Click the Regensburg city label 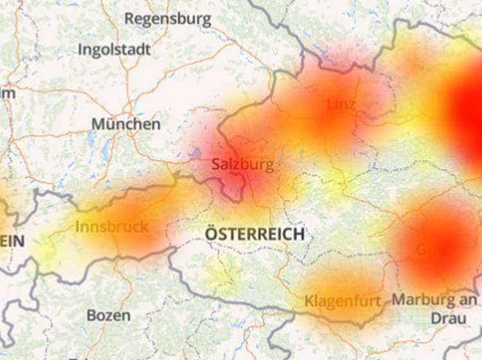click(x=168, y=19)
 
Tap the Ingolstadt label click(x=114, y=50)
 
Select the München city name click(x=126, y=123)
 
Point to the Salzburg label click(x=242, y=165)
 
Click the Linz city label click(x=341, y=104)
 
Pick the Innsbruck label click(x=112, y=226)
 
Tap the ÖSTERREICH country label click(x=254, y=233)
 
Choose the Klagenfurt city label click(x=343, y=300)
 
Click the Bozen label click(x=109, y=316)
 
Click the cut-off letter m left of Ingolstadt click(x=7, y=93)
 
